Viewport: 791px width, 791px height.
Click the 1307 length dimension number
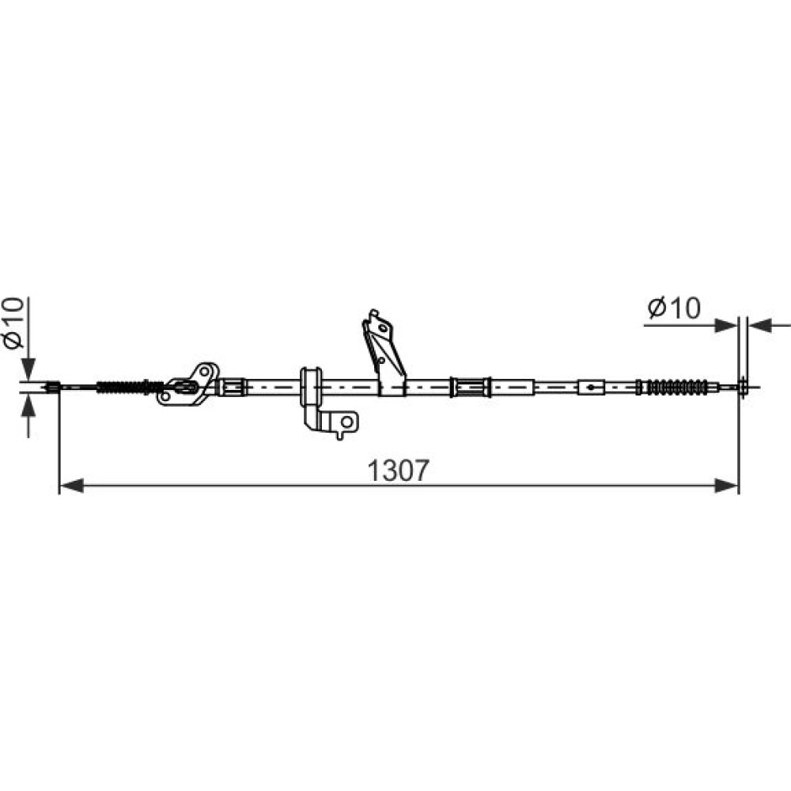click(398, 470)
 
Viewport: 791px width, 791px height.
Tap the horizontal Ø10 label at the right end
click(675, 308)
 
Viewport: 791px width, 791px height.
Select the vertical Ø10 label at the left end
click(13, 323)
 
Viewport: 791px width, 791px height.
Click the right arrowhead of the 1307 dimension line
click(726, 486)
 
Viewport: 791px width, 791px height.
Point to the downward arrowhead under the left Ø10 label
click(28, 369)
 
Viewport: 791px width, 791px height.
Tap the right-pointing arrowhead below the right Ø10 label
click(726, 326)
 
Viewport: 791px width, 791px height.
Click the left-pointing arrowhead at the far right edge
click(760, 326)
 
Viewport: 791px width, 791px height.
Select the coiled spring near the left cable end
click(122, 388)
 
